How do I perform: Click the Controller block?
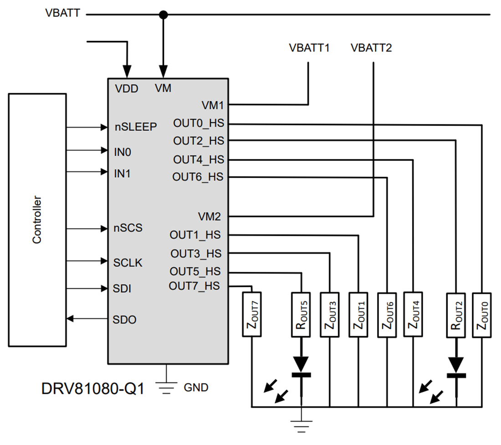(x=37, y=220)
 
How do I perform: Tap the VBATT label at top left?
(x=63, y=13)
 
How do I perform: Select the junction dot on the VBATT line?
(x=163, y=15)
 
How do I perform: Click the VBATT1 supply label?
(x=309, y=48)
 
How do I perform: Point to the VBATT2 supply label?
(x=371, y=48)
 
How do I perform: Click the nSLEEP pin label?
(x=136, y=127)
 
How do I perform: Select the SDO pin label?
(x=124, y=320)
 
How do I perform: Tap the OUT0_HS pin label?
(x=199, y=123)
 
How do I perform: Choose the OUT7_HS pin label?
(x=194, y=286)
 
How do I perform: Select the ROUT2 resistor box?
(x=455, y=314)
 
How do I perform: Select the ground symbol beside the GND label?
(x=167, y=387)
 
